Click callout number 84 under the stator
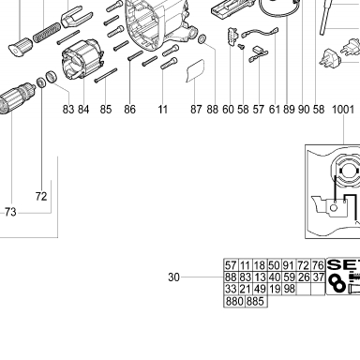click(83, 110)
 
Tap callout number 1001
click(343, 110)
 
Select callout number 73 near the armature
click(10, 212)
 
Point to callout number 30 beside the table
click(173, 277)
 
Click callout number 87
click(196, 110)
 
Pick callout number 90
click(303, 110)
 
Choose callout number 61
click(275, 110)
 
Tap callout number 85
click(106, 110)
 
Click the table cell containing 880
click(234, 302)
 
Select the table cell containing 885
click(256, 302)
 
